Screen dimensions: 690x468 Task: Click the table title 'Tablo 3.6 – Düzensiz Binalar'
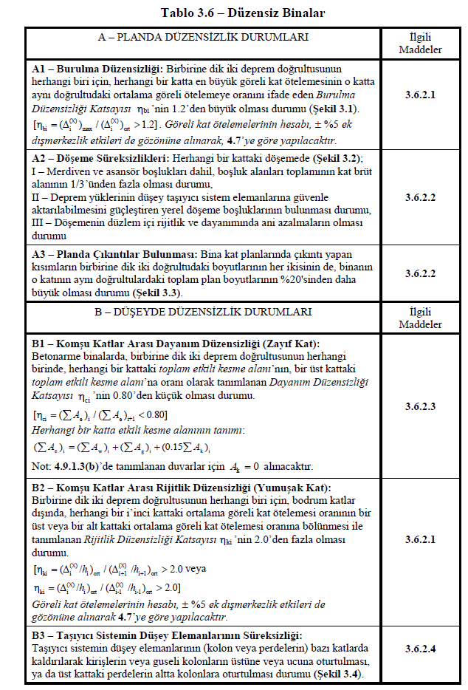233,13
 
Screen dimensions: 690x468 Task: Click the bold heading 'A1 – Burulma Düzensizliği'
94,68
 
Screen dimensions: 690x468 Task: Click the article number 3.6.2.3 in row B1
420,406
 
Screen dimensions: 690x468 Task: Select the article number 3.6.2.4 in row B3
420,648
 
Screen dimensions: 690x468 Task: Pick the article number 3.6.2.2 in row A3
420,272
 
